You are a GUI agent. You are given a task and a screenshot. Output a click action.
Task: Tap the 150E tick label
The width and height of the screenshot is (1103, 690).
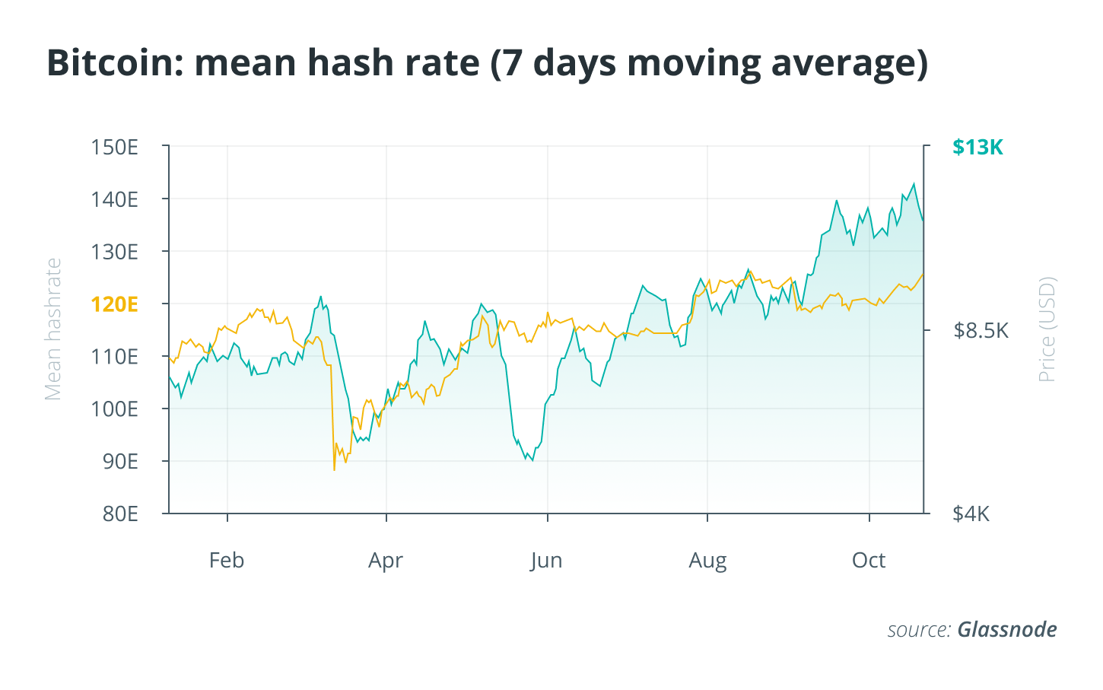(x=114, y=147)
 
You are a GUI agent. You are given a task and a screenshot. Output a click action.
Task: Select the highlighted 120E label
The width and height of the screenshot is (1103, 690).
(x=114, y=304)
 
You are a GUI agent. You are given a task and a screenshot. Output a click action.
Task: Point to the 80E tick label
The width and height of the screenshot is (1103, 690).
(x=119, y=514)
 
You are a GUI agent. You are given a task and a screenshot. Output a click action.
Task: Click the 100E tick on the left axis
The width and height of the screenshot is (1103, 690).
(x=114, y=409)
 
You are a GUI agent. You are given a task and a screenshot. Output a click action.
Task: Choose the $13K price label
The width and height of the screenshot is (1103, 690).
(x=977, y=147)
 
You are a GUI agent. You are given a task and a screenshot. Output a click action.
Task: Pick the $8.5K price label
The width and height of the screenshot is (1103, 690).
(x=981, y=330)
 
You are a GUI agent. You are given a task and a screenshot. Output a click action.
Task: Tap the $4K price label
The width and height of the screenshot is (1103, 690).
(x=971, y=514)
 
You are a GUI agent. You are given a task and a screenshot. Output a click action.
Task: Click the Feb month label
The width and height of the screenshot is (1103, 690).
(x=227, y=561)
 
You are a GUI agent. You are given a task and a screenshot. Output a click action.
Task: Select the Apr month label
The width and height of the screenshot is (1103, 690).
(x=386, y=561)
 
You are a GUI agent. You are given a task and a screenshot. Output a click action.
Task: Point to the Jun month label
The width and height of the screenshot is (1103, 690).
(x=546, y=561)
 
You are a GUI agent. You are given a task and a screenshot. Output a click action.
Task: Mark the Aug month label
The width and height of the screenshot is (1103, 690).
(x=707, y=561)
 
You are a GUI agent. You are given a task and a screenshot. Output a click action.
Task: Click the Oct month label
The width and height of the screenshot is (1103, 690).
(x=868, y=561)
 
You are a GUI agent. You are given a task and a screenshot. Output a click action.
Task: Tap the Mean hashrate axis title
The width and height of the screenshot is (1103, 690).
(x=52, y=329)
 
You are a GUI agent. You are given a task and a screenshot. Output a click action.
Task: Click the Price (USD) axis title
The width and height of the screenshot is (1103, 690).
(x=1047, y=329)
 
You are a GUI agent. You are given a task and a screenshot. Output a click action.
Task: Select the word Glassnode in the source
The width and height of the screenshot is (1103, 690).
(x=1006, y=630)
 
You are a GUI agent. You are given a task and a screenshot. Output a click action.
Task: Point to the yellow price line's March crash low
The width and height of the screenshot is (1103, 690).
(x=334, y=469)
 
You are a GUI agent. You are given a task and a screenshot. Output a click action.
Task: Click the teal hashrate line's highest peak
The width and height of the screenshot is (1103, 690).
(x=914, y=183)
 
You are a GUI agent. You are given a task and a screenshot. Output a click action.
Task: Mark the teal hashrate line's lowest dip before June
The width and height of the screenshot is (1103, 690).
(x=532, y=460)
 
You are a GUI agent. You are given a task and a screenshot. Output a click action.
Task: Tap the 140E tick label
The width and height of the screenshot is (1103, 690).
(x=114, y=199)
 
